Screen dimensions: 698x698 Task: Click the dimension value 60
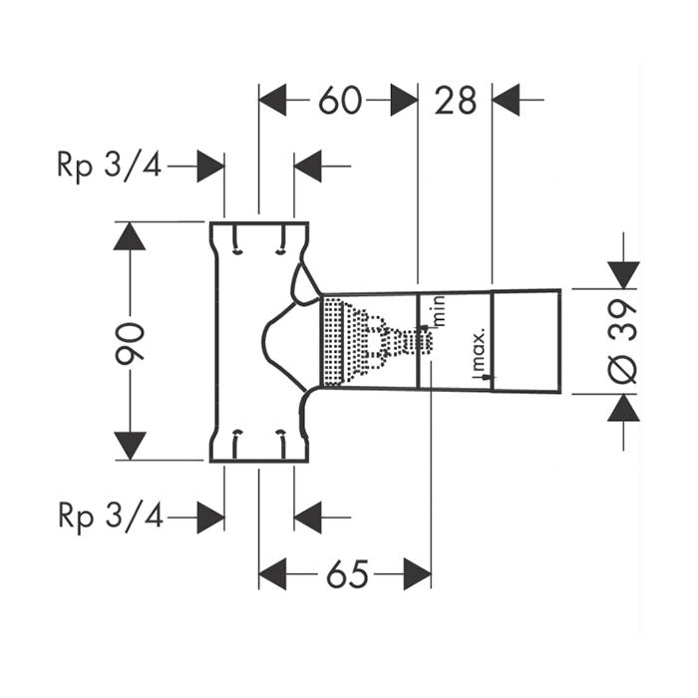[x=339, y=100]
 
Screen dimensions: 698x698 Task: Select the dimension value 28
[x=456, y=100]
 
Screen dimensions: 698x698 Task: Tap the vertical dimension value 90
[x=130, y=341]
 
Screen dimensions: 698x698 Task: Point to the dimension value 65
[x=347, y=574]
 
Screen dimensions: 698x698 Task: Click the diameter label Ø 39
[x=623, y=342]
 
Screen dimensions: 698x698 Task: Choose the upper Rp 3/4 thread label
[x=109, y=166]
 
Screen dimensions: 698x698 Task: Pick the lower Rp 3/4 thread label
[x=111, y=517]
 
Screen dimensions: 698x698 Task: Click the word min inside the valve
[x=440, y=311]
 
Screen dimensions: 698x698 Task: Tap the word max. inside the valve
[x=479, y=353]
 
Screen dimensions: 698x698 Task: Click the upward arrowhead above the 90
[x=130, y=236]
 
